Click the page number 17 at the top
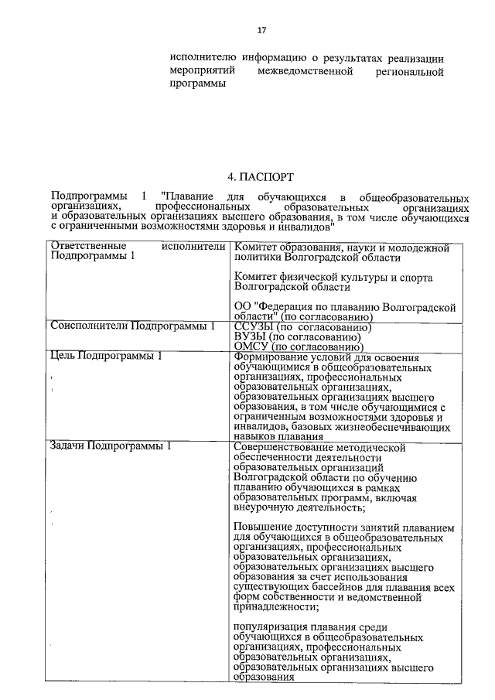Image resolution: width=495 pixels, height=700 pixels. (261, 30)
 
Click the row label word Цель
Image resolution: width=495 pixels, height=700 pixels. (63, 357)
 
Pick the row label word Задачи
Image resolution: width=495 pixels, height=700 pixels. (67, 446)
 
